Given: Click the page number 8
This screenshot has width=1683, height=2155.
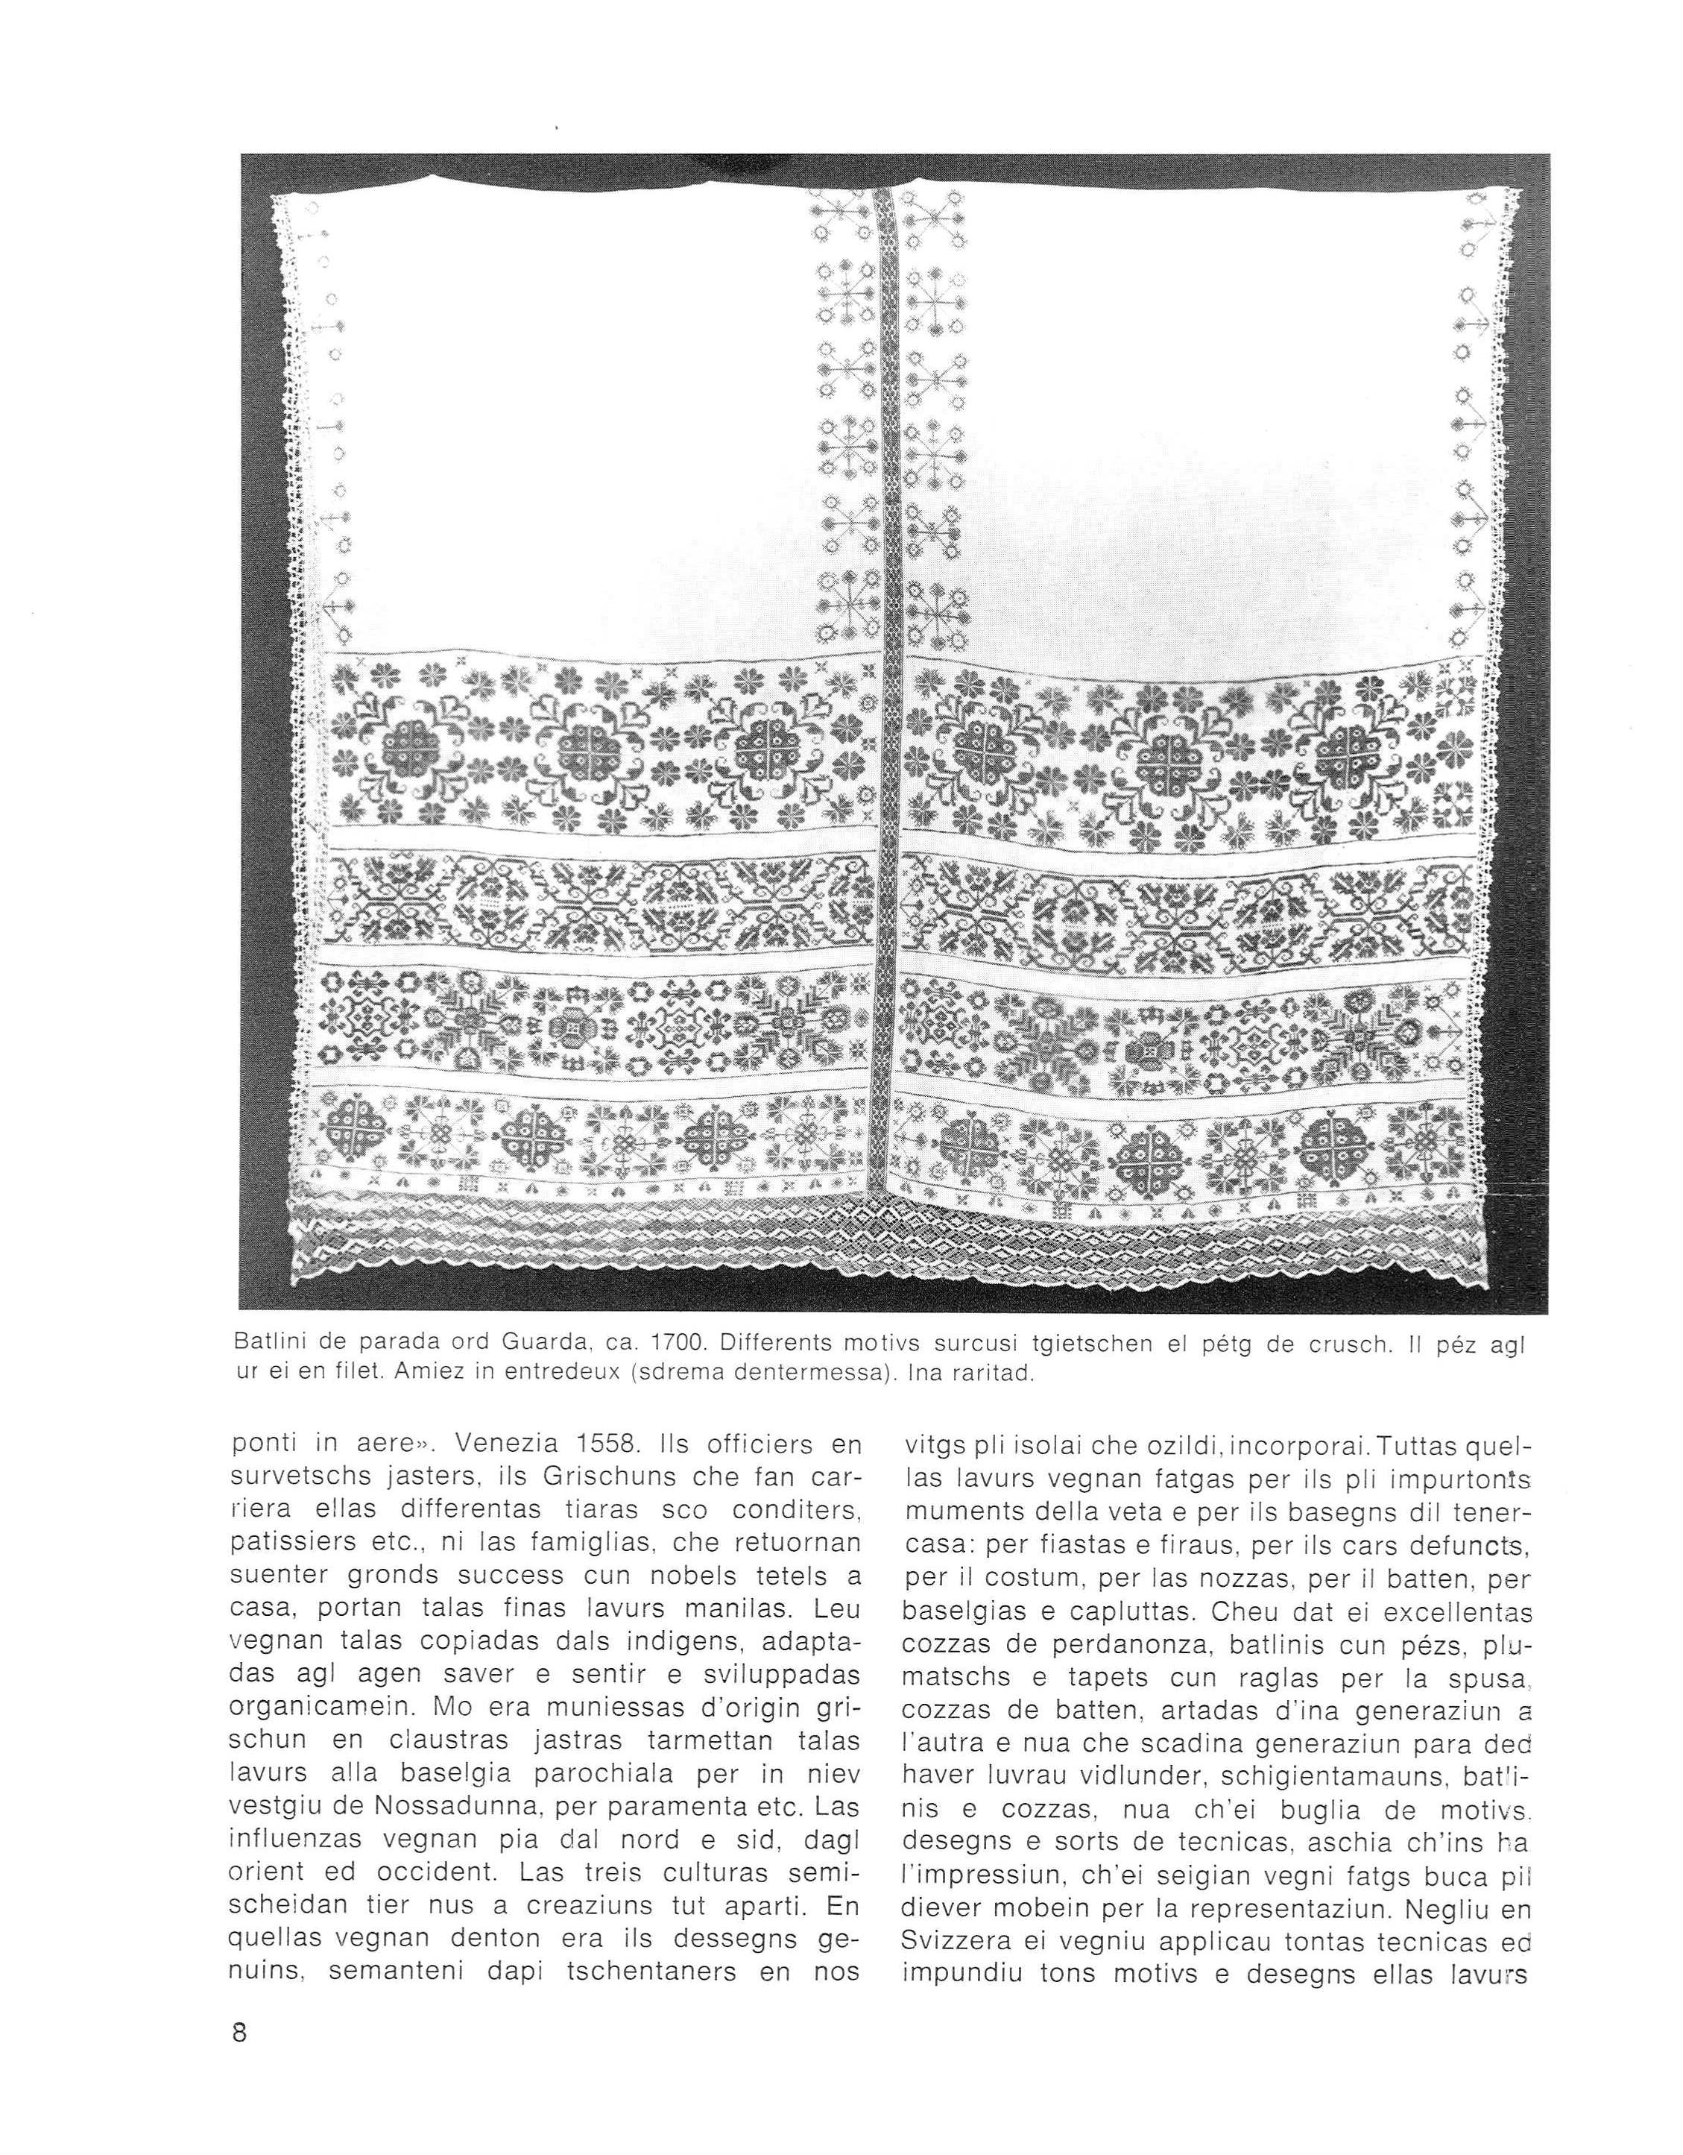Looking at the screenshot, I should [239, 2085].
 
